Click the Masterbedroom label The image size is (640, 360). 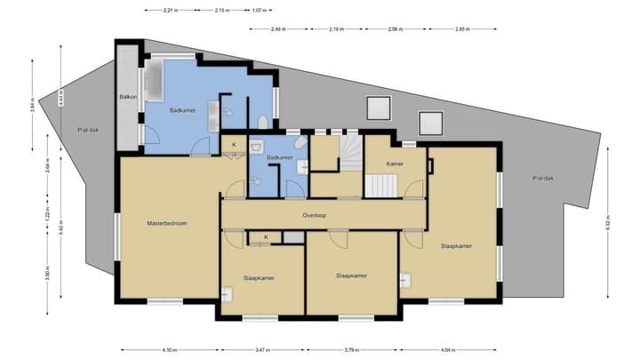click(166, 223)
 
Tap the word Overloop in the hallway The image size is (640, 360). click(316, 215)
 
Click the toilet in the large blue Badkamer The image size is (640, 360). click(262, 123)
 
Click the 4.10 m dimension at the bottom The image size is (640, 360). click(168, 349)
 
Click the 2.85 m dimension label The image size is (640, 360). click(461, 28)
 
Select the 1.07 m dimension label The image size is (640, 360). click(259, 11)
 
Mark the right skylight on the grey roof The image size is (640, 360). click(431, 122)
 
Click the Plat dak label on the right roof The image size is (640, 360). click(544, 178)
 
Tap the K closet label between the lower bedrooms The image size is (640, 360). click(266, 236)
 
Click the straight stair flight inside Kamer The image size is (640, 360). click(380, 186)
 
